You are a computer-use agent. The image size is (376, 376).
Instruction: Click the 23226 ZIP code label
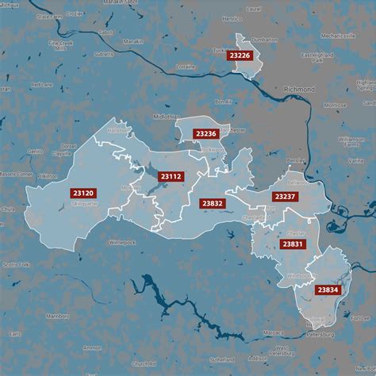pyautogui.click(x=240, y=56)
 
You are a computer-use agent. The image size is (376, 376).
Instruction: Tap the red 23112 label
pyautogui.click(x=171, y=176)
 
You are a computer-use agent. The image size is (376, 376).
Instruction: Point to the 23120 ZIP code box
pyautogui.click(x=82, y=193)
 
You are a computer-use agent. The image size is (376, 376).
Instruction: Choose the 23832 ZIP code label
pyautogui.click(x=212, y=203)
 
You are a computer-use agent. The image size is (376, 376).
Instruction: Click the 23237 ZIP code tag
pyautogui.click(x=284, y=196)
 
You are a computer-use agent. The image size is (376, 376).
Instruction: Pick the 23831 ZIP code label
pyautogui.click(x=291, y=244)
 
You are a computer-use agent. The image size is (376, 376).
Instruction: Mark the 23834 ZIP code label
pyautogui.click(x=328, y=290)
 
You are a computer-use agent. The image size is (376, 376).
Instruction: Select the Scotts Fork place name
pyautogui.click(x=17, y=264)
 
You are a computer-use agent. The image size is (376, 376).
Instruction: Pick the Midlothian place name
pyautogui.click(x=163, y=117)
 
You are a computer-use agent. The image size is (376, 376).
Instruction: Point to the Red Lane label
pyautogui.click(x=40, y=85)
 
